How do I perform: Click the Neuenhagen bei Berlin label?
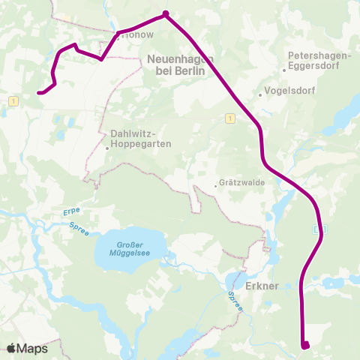[181, 64]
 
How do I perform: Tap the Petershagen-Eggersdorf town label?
[319, 61]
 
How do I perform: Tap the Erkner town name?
[262, 286]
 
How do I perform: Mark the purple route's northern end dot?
[165, 13]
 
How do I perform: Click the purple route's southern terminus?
[305, 345]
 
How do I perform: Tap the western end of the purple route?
[39, 93]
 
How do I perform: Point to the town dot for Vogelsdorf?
[259, 94]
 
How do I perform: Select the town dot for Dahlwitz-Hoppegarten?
[107, 148]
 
